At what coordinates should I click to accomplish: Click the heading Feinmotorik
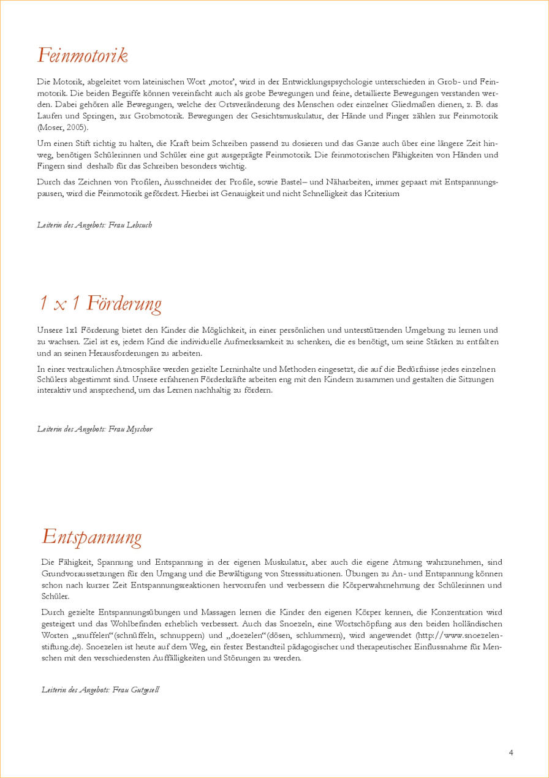click(x=82, y=55)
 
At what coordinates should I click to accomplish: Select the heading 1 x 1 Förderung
click(x=100, y=303)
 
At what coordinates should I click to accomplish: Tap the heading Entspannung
click(x=92, y=537)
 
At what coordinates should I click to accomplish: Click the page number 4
click(x=511, y=753)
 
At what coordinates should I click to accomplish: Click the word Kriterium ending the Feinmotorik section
click(x=381, y=194)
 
